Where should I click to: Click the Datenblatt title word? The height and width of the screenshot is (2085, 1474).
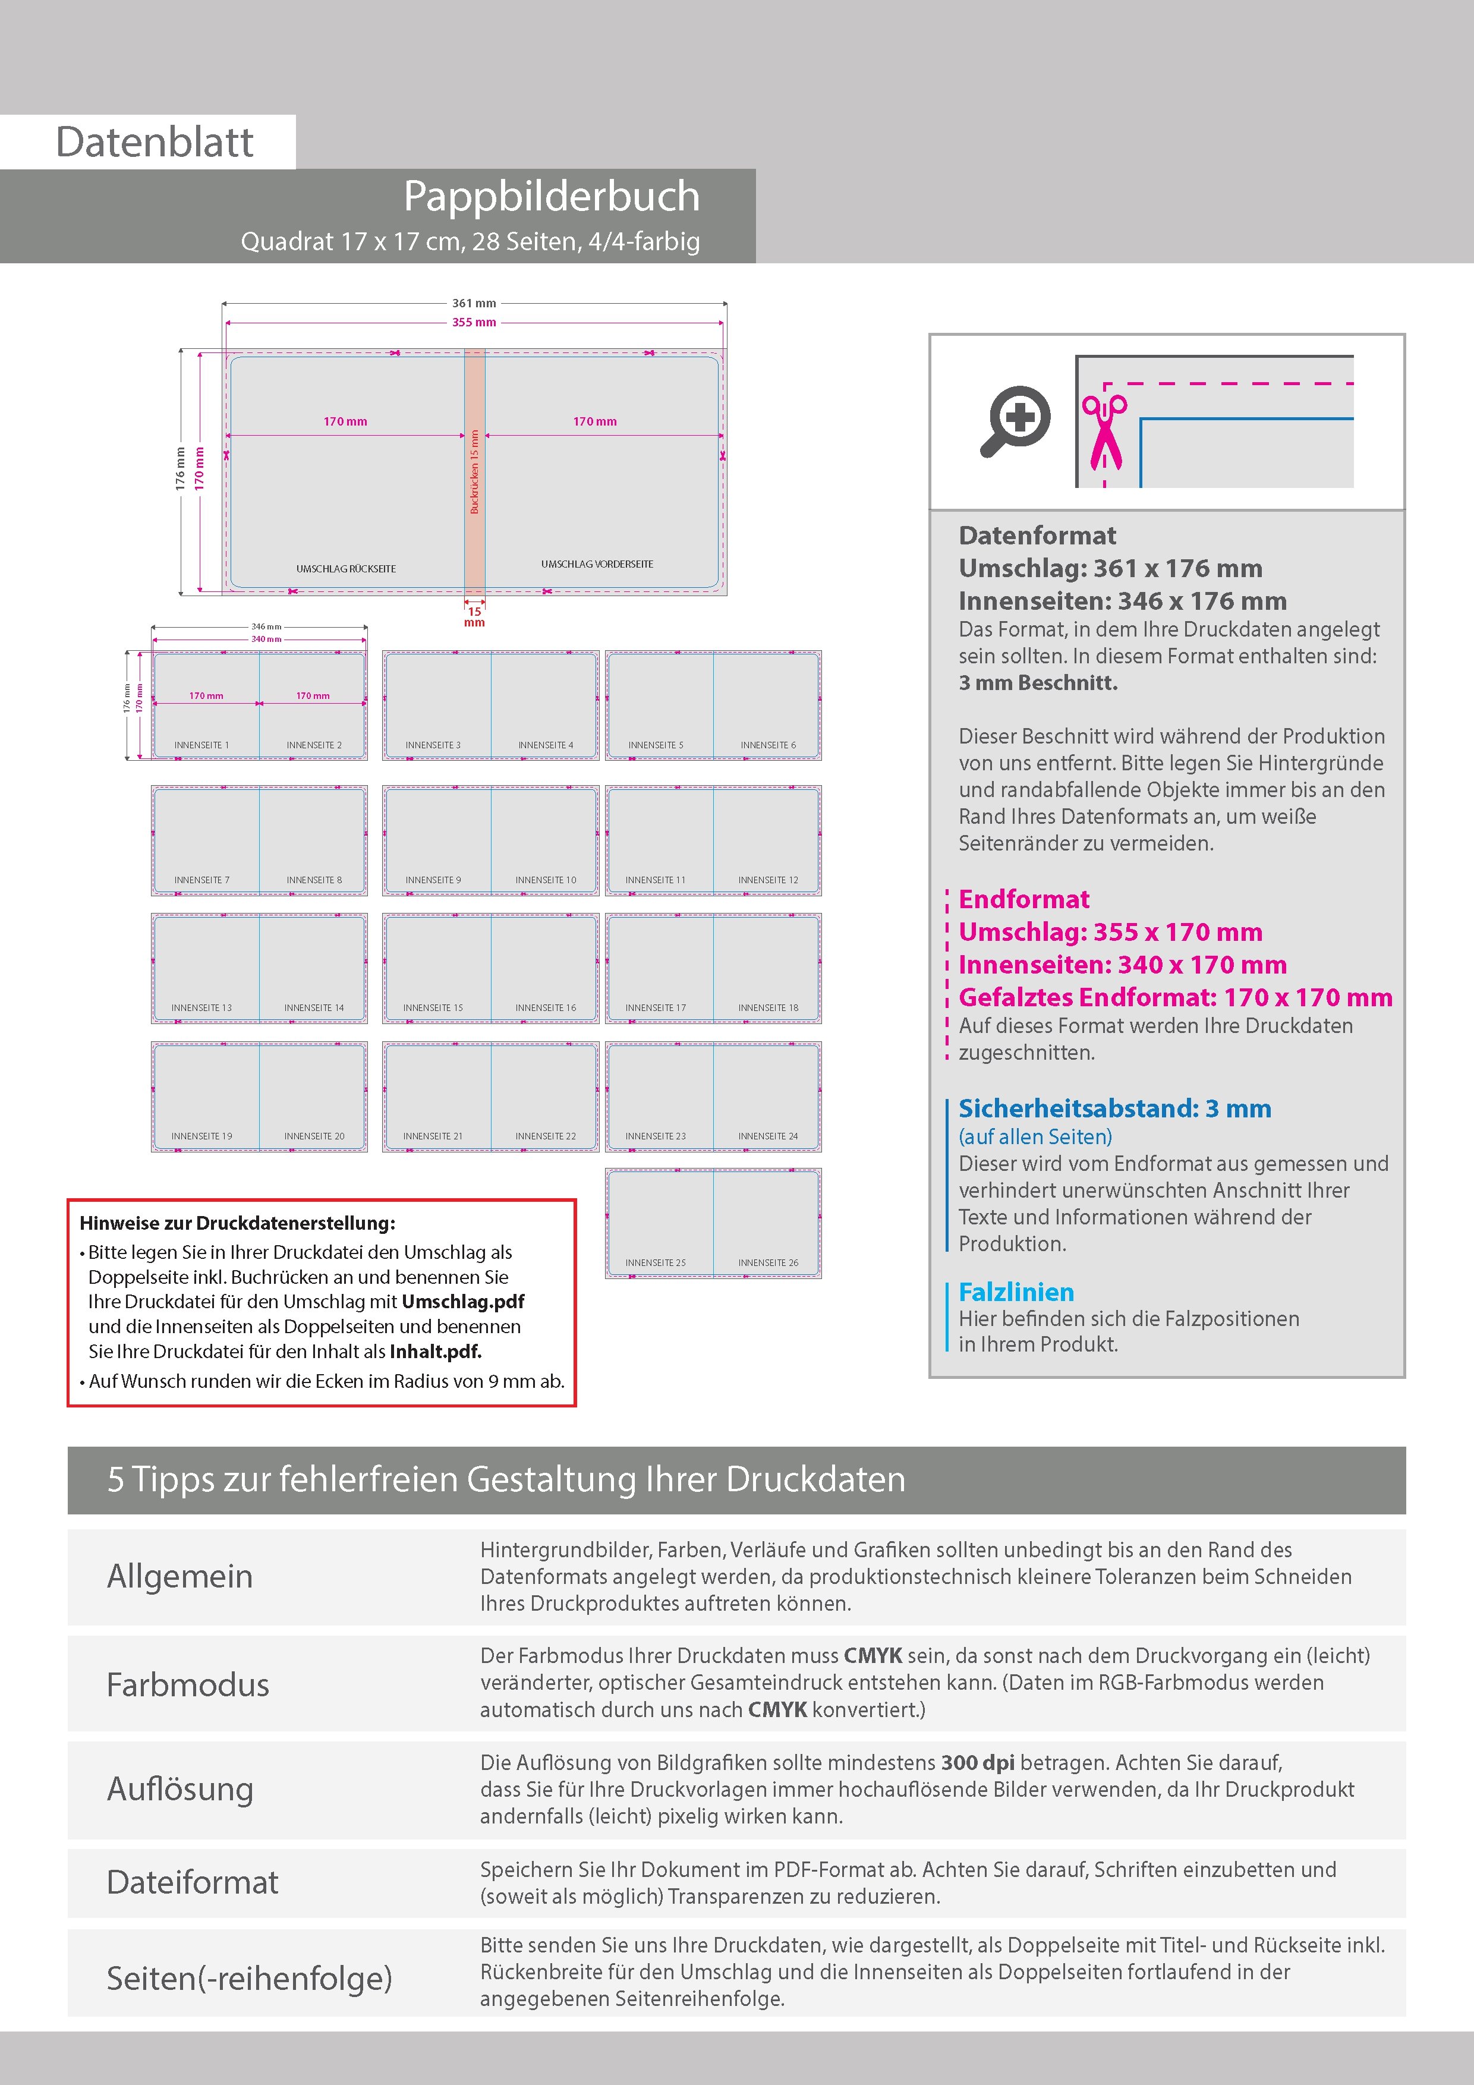(x=155, y=143)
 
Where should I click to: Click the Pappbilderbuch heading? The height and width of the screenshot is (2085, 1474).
(x=552, y=196)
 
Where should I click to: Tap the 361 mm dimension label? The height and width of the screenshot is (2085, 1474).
(x=474, y=303)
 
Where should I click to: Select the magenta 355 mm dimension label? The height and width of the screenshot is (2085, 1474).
(x=474, y=322)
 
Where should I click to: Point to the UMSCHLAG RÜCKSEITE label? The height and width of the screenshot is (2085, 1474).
(x=346, y=568)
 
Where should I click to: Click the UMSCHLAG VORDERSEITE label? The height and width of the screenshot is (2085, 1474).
(x=597, y=564)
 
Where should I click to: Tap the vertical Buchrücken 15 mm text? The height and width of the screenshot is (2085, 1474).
(x=474, y=472)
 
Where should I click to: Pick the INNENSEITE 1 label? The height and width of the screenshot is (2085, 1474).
(x=201, y=745)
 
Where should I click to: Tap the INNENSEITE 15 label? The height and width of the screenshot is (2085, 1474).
(x=433, y=1008)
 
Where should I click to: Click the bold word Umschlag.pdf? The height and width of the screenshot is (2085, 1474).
(x=463, y=1301)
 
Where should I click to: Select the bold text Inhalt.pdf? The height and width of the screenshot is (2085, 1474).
(x=435, y=1351)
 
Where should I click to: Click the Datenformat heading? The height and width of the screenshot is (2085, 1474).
(x=1037, y=536)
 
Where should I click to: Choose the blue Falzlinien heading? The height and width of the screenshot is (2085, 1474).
(x=1016, y=1292)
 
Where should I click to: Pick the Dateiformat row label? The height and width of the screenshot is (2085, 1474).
(x=193, y=1882)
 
